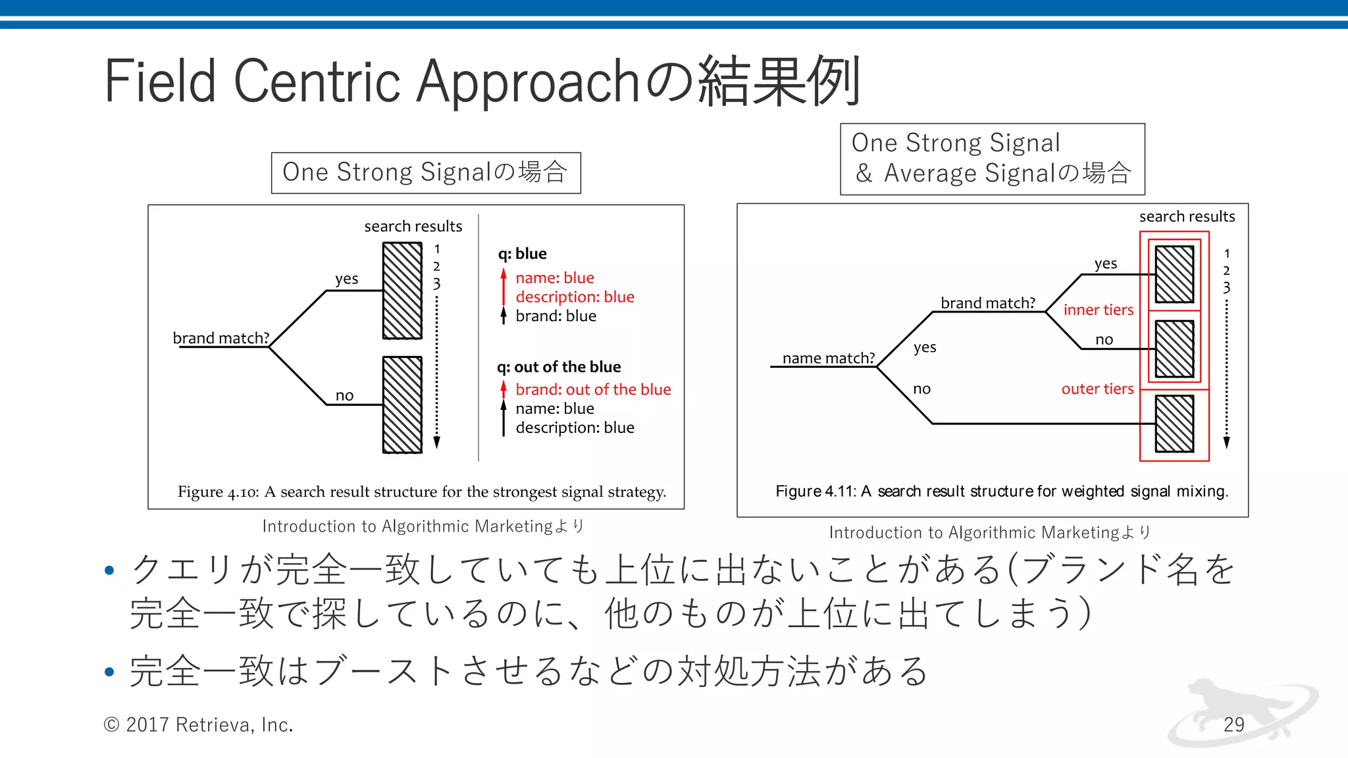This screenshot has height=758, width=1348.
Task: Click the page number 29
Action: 1233,724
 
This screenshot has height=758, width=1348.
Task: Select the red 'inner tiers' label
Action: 1098,310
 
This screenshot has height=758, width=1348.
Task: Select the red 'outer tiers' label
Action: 1097,389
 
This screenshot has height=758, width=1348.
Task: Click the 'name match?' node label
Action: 828,358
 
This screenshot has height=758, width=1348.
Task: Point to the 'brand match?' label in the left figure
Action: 221,338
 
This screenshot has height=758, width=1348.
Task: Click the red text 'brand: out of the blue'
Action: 592,390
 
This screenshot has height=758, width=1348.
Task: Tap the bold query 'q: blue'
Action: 522,253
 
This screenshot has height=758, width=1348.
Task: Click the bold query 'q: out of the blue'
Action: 559,366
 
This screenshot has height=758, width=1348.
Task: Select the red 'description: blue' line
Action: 575,297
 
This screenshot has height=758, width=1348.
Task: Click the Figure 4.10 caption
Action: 421,492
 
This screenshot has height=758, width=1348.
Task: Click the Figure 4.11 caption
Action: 1001,492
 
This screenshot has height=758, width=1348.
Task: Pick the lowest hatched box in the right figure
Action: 1174,424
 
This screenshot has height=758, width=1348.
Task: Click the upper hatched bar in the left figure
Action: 402,291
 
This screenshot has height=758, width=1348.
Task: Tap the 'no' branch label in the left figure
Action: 344,395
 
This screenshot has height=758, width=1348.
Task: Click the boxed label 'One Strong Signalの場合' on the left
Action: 425,172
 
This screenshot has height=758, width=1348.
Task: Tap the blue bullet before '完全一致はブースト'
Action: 109,672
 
